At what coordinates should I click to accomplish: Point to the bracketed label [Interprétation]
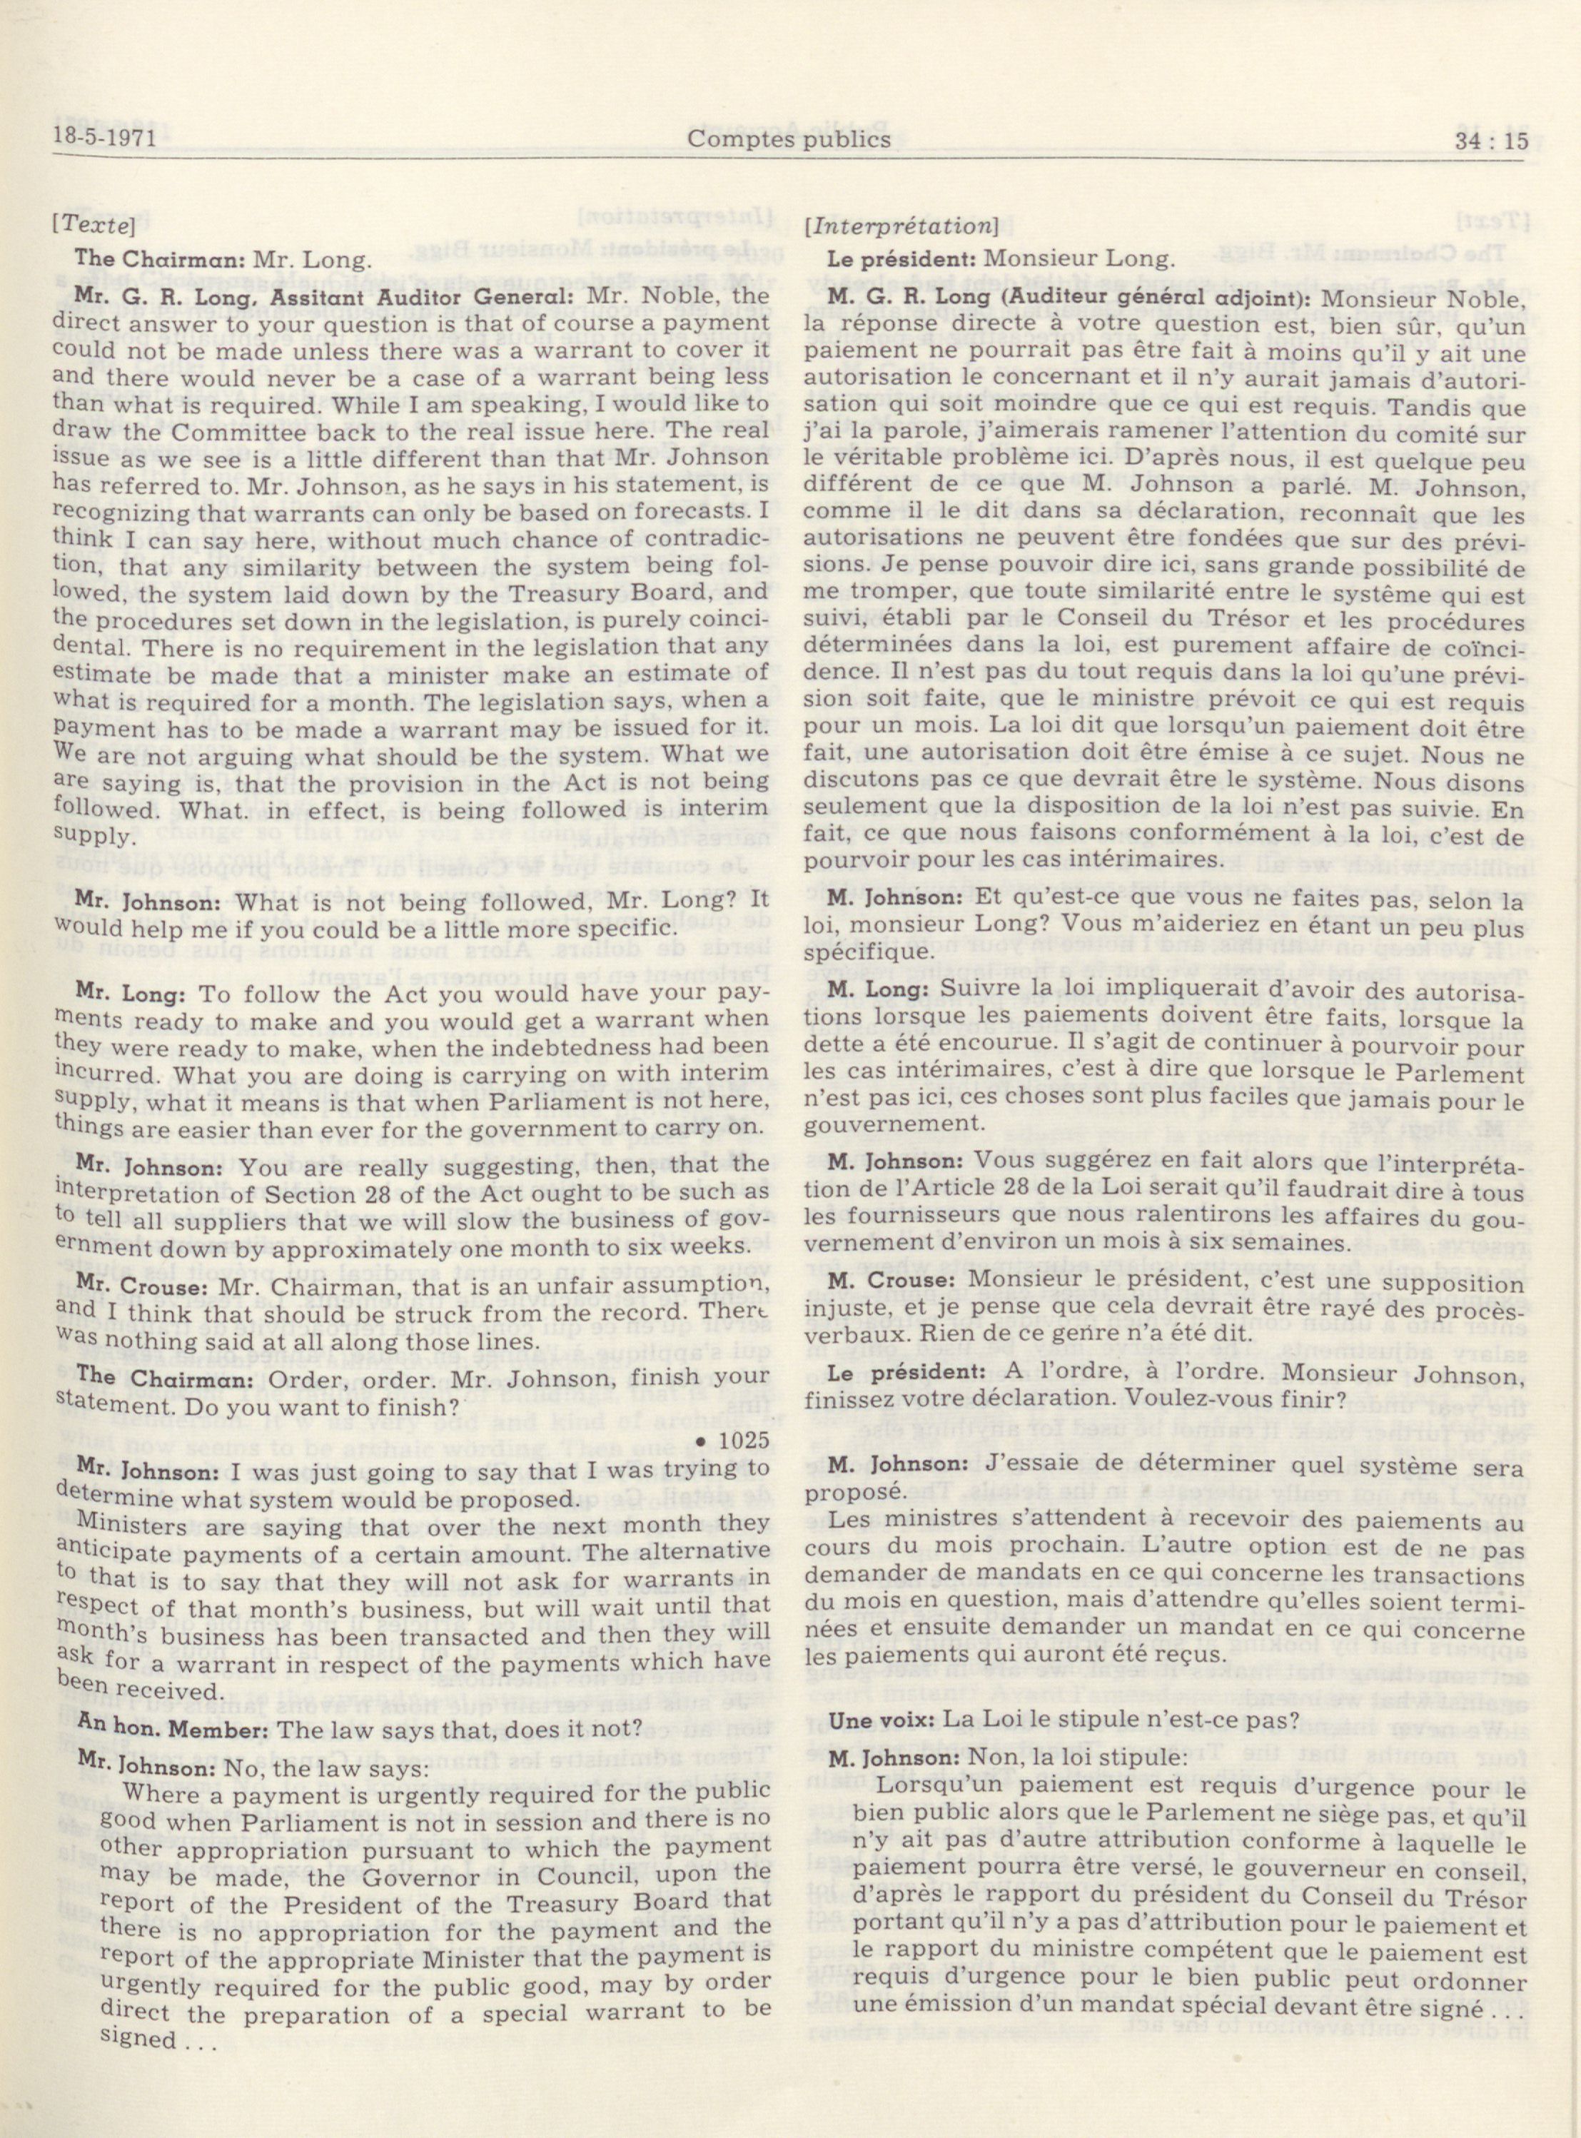901,227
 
